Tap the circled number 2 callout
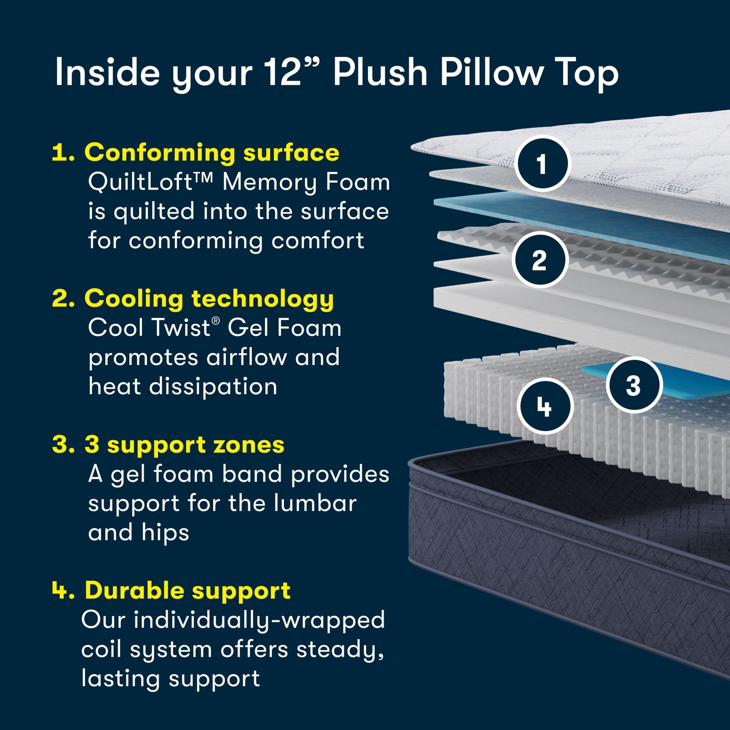coord(540,260)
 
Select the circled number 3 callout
coord(634,385)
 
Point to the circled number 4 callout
coord(545,406)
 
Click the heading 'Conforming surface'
coord(211,153)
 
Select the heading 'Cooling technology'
coord(209,299)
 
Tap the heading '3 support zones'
coord(184,445)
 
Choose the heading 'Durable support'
coord(187,590)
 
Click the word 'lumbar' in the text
coord(315,503)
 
